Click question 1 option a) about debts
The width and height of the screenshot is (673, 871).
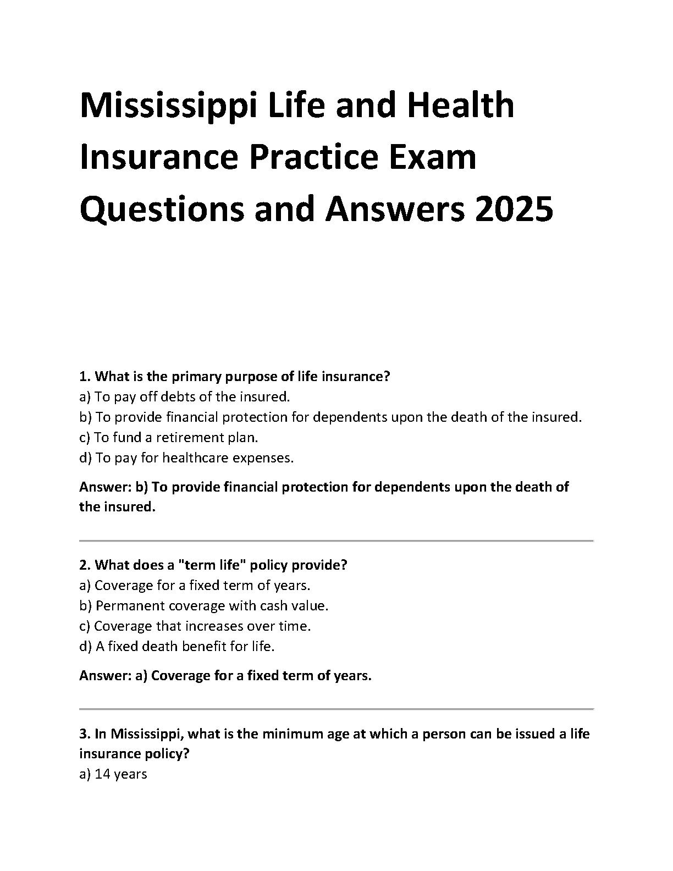pyautogui.click(x=184, y=397)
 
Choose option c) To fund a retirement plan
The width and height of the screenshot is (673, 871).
pyautogui.click(x=169, y=438)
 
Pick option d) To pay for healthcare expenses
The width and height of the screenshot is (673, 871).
pyautogui.click(x=186, y=458)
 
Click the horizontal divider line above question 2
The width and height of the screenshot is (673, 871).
pyautogui.click(x=336, y=541)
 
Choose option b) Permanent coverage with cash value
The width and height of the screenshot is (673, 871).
pyautogui.click(x=203, y=606)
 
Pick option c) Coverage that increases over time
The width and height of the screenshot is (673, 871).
pyautogui.click(x=195, y=626)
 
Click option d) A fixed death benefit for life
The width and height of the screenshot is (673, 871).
pyautogui.click(x=176, y=647)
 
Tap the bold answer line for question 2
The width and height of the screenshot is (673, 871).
pyautogui.click(x=225, y=676)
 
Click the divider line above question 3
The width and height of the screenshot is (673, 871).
pyautogui.click(x=336, y=709)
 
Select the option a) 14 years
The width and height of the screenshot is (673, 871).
pyautogui.click(x=113, y=775)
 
